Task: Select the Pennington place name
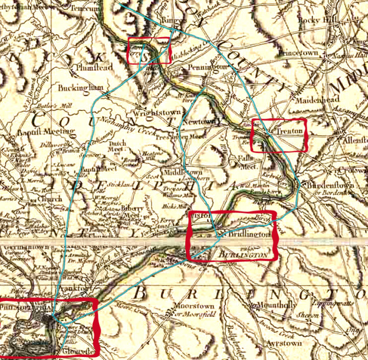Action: (x=207, y=68)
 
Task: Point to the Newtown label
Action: (x=199, y=122)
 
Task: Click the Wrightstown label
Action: (x=157, y=110)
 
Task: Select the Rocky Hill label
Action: (x=324, y=19)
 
